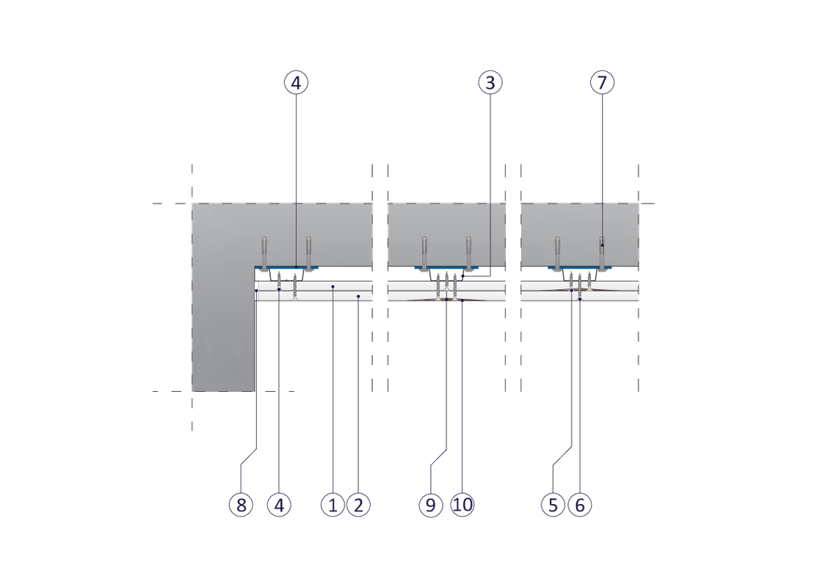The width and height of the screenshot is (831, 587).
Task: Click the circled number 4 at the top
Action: point(296,83)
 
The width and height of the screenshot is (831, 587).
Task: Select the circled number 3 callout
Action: point(490,83)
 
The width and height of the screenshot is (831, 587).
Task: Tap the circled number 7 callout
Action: point(601,83)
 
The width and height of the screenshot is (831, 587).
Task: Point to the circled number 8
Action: point(240,505)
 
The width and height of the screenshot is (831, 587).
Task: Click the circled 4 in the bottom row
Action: point(279,505)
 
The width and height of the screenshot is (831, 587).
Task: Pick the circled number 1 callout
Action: point(333,505)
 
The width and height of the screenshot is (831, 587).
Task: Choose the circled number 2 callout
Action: point(358,505)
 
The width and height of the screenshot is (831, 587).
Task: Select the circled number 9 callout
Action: point(431,505)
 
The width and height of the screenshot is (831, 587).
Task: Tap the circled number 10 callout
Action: point(463,505)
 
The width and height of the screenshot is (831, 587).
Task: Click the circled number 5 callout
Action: point(553,505)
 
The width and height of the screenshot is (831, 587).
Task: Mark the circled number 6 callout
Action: point(579,505)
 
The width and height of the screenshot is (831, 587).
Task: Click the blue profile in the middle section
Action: point(446,268)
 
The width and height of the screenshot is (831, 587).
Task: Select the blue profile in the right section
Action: point(580,268)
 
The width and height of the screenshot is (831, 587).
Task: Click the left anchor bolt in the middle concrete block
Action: point(424,251)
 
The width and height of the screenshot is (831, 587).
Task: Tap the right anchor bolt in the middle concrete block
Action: point(468,251)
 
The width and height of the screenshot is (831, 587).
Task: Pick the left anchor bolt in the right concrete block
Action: point(558,251)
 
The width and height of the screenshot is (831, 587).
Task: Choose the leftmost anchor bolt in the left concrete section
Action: point(264,251)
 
